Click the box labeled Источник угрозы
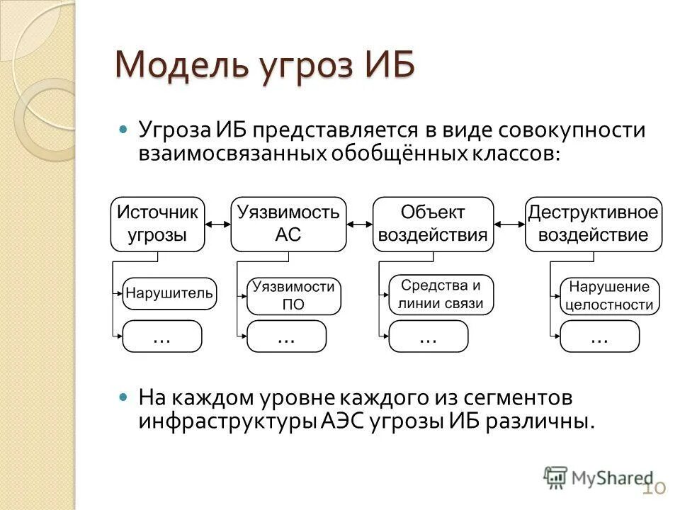coord(157,224)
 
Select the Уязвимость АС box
coord(288,224)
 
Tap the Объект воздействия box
coord(433,224)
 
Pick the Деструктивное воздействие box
coord(594,224)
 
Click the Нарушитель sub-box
coord(169,293)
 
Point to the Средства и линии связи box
coord(441,295)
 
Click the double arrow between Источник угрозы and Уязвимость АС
coord(218,225)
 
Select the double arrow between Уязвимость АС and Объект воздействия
coord(360,225)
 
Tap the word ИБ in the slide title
coord(387,66)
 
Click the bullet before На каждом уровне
coord(124,397)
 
